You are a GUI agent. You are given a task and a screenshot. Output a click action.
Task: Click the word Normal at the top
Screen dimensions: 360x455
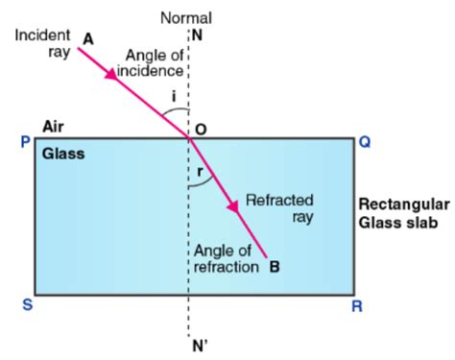tap(186, 17)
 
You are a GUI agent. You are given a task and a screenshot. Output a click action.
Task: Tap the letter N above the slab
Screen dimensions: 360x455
tap(198, 36)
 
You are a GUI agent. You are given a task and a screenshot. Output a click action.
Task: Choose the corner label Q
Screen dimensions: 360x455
tap(366, 140)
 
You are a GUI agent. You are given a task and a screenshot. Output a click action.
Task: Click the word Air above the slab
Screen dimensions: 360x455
tap(54, 126)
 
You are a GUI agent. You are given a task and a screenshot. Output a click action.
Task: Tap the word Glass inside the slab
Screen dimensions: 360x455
tap(62, 153)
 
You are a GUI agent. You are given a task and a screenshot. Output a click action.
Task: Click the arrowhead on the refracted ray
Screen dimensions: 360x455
tap(231, 204)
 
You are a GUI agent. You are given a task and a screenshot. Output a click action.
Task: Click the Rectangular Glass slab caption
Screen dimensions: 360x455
tap(402, 213)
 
